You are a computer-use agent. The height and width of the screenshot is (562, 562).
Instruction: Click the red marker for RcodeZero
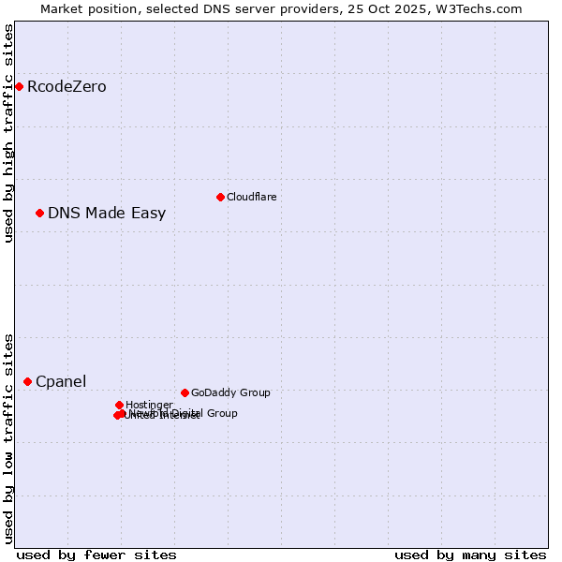pyautogui.click(x=19, y=86)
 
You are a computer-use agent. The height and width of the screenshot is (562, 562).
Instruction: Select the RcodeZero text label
pyautogui.click(x=67, y=87)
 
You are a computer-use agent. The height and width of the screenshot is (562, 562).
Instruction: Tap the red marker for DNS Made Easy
pyautogui.click(x=39, y=213)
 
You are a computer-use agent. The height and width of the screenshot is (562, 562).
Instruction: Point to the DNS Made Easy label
pyautogui.click(x=107, y=214)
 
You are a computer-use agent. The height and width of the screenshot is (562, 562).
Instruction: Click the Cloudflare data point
pyautogui.click(x=220, y=197)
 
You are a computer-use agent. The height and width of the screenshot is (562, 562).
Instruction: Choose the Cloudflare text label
pyautogui.click(x=251, y=197)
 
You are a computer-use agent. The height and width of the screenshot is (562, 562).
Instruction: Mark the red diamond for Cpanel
pyautogui.click(x=27, y=381)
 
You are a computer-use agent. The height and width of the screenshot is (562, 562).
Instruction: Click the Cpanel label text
pyautogui.click(x=61, y=382)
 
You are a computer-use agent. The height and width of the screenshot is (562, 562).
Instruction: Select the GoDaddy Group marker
pyautogui.click(x=185, y=392)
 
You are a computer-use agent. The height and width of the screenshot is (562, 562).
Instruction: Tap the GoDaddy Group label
pyautogui.click(x=230, y=392)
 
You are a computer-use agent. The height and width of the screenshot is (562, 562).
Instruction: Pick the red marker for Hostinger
pyautogui.click(x=119, y=405)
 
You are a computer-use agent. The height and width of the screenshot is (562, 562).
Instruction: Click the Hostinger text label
pyautogui.click(x=149, y=405)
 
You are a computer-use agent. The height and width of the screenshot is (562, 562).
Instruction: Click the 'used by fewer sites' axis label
pyautogui.click(x=96, y=555)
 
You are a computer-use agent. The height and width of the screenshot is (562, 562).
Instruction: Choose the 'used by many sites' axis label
pyautogui.click(x=470, y=555)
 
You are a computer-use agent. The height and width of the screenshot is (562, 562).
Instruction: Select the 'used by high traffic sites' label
pyautogui.click(x=8, y=133)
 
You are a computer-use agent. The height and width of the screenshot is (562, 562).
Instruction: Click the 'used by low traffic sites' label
pyautogui.click(x=8, y=437)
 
